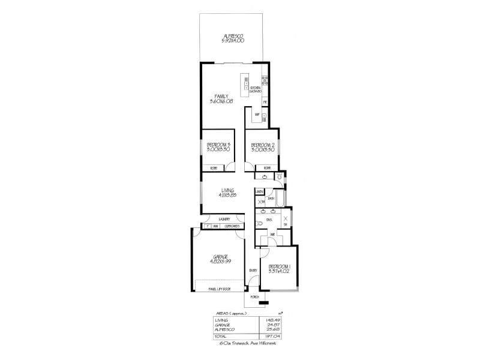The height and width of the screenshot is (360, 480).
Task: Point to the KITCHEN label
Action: [x=255, y=90]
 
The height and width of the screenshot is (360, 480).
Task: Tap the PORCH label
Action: [x=254, y=296]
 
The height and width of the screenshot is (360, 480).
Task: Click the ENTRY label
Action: [x=253, y=271]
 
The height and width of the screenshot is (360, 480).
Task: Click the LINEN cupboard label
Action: [x=259, y=191]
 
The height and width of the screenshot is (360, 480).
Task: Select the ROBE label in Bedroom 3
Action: [x=213, y=167]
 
